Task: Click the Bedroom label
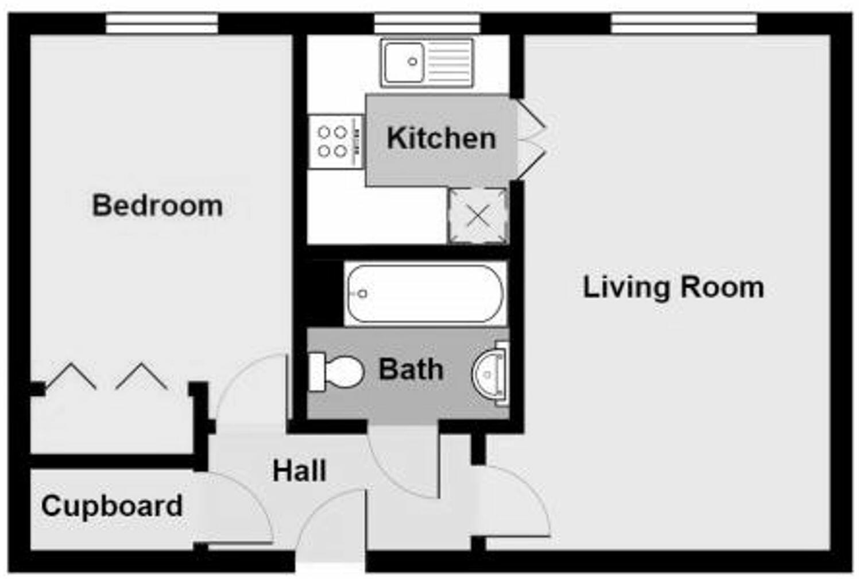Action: click(157, 206)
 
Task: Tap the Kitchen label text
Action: click(441, 138)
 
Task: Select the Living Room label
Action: click(673, 287)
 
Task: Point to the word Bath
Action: click(411, 369)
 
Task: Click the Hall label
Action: click(299, 471)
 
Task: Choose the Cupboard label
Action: click(112, 506)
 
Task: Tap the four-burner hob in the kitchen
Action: click(335, 141)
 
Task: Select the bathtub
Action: click(425, 293)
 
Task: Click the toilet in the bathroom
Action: click(336, 372)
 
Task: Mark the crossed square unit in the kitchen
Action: click(478, 216)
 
